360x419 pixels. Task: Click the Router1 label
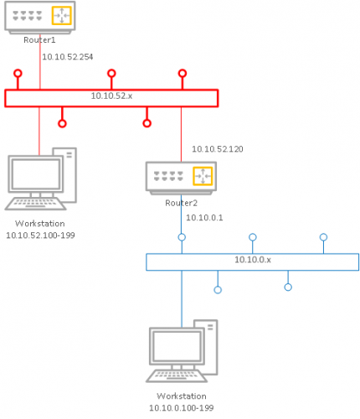point(39,40)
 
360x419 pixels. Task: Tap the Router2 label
point(181,203)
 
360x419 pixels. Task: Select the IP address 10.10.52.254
point(68,57)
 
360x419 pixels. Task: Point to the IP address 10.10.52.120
point(218,149)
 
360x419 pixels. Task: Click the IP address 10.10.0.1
point(204,218)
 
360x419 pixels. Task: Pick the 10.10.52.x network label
point(111,96)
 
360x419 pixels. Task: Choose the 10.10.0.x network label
point(253,260)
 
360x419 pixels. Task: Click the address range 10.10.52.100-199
point(40,235)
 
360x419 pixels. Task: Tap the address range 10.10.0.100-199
point(182,408)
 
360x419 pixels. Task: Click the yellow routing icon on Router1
point(62,16)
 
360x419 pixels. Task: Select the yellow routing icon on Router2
point(203,176)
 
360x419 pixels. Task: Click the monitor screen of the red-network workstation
point(36,174)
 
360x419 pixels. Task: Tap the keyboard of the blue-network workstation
point(177,375)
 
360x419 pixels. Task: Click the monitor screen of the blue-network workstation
point(177,346)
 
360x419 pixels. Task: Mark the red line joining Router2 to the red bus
point(181,134)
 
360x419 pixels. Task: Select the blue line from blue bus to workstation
point(182,299)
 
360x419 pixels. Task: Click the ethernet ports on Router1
point(28,16)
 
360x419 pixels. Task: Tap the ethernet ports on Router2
point(168,176)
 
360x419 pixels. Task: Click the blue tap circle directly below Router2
point(182,237)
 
